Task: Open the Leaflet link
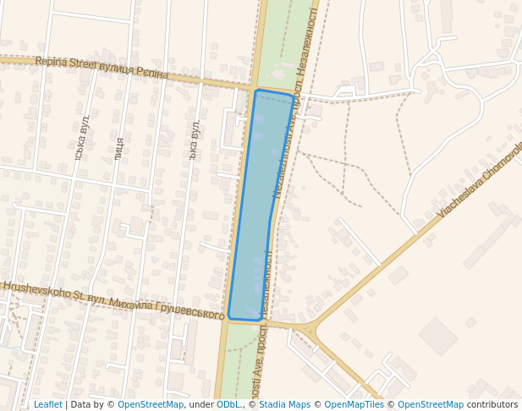tap(47, 404)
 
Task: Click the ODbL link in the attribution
tap(228, 404)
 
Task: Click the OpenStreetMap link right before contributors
tap(431, 404)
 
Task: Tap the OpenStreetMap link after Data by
tap(151, 404)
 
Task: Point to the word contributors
tap(492, 404)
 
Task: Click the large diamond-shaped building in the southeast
tap(437, 336)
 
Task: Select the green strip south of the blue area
tap(240, 364)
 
